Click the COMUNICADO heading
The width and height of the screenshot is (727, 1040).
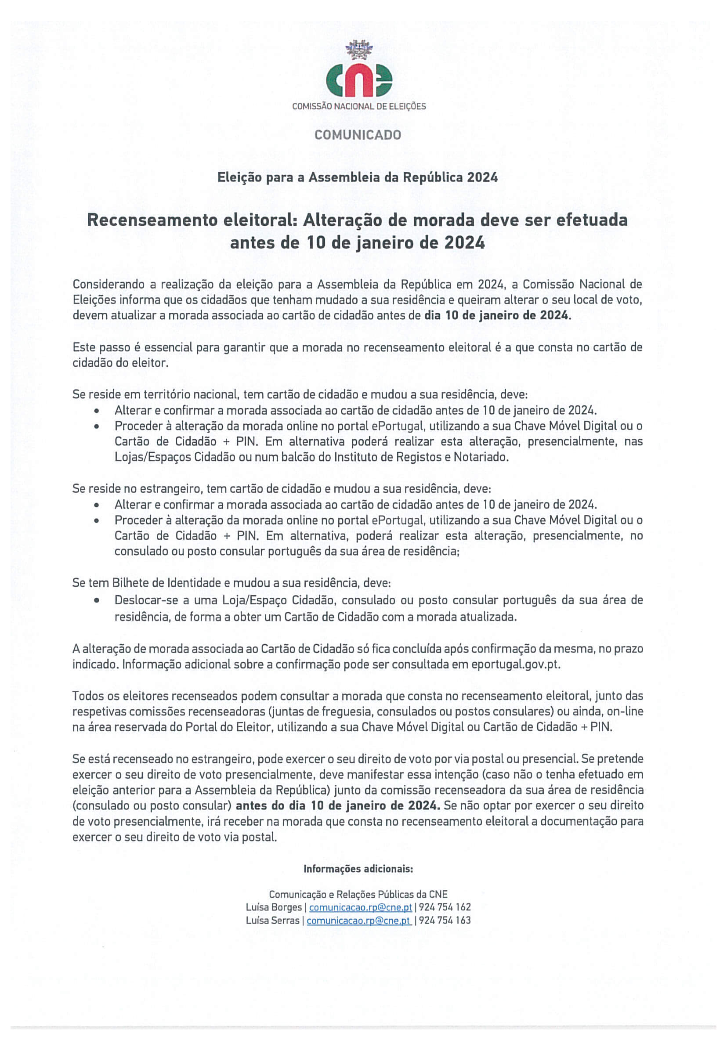pyautogui.click(x=358, y=135)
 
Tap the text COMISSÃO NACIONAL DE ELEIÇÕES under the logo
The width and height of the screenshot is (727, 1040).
pyautogui.click(x=359, y=106)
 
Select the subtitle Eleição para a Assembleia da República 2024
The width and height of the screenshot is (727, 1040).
pyautogui.click(x=358, y=177)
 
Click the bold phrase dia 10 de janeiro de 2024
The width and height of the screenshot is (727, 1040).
pyautogui.click(x=496, y=315)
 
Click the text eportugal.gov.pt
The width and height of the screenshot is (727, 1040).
pyautogui.click(x=515, y=664)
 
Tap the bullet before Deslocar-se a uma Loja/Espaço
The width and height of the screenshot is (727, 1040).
pyautogui.click(x=97, y=601)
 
